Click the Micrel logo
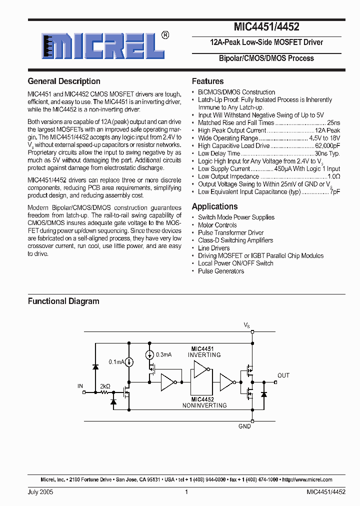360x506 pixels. (x=103, y=46)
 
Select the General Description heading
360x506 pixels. (x=64, y=81)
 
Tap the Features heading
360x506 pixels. (x=207, y=81)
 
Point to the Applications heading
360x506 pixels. (x=214, y=206)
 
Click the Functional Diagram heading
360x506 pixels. (x=63, y=301)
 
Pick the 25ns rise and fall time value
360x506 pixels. (x=333, y=123)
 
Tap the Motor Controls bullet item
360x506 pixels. (x=217, y=225)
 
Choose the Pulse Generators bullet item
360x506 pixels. (x=221, y=271)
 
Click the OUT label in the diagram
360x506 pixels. (x=283, y=375)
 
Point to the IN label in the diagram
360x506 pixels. (x=80, y=386)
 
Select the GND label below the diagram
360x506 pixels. (x=244, y=426)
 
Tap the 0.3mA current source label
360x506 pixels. (x=163, y=354)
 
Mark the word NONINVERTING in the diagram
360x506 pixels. (x=204, y=405)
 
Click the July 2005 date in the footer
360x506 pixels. (x=40, y=492)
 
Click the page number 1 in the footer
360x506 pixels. (x=186, y=492)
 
